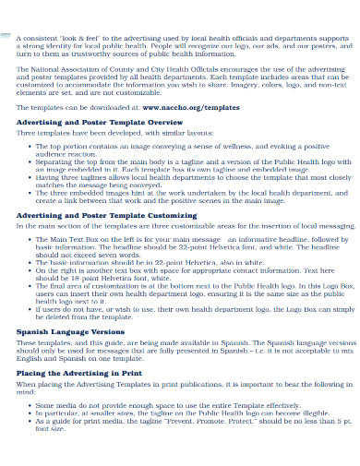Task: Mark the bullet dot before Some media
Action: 30,431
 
